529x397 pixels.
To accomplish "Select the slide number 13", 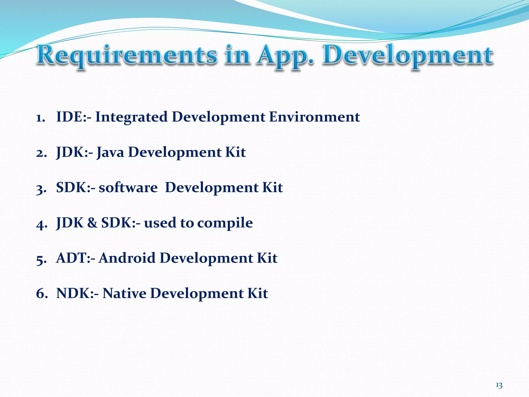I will tap(499, 386).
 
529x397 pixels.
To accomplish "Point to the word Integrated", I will tap(131, 117).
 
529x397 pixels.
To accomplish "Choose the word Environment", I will tap(314, 117).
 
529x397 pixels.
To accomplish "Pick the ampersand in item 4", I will tap(92, 223).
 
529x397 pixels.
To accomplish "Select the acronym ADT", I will tap(70, 258).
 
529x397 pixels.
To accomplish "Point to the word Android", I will tap(127, 258).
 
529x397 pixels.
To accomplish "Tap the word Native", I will tap(124, 293).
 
